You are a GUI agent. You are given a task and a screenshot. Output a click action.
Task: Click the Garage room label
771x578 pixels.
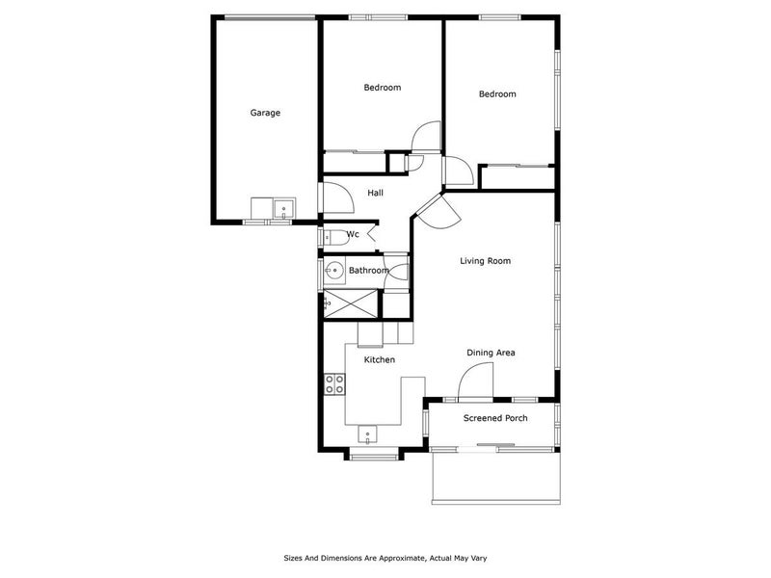pos(265,113)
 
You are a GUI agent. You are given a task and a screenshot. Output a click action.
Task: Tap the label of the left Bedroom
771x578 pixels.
pos(382,88)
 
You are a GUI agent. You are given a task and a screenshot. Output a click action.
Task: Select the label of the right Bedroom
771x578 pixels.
pos(497,94)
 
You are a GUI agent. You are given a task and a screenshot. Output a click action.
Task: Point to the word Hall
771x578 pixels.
pos(375,194)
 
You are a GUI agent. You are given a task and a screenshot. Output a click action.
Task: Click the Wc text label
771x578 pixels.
pos(353,234)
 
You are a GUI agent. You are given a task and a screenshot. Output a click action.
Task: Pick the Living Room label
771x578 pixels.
pos(485,261)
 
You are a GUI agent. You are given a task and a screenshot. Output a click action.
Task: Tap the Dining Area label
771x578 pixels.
pos(491,353)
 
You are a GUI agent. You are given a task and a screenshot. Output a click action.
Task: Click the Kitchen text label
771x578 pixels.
pos(379,359)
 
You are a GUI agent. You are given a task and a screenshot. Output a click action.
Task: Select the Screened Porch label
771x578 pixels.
pos(495,418)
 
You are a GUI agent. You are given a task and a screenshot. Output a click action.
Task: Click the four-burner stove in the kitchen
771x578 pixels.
pos(334,384)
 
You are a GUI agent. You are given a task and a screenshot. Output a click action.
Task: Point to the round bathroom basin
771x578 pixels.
pos(333,271)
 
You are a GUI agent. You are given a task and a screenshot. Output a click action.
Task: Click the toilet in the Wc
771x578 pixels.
pos(331,235)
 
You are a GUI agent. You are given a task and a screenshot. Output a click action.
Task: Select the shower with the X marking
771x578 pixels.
pos(351,302)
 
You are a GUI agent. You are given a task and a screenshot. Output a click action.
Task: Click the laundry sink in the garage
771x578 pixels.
pos(284,208)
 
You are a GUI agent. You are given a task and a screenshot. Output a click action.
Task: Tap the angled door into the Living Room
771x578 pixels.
pos(435,208)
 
